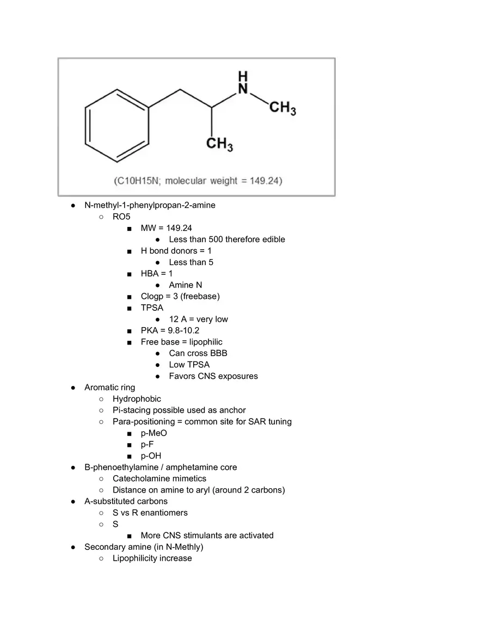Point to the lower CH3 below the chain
click(220, 145)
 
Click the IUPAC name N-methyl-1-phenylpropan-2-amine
click(150, 205)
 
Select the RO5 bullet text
click(121, 217)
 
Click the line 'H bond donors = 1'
click(176, 251)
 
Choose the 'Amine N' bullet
click(186, 285)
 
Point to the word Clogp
click(153, 297)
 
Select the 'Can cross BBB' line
click(198, 353)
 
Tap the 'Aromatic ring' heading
click(109, 388)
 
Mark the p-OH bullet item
click(151, 456)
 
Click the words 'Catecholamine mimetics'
click(159, 478)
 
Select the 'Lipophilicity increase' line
click(152, 558)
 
